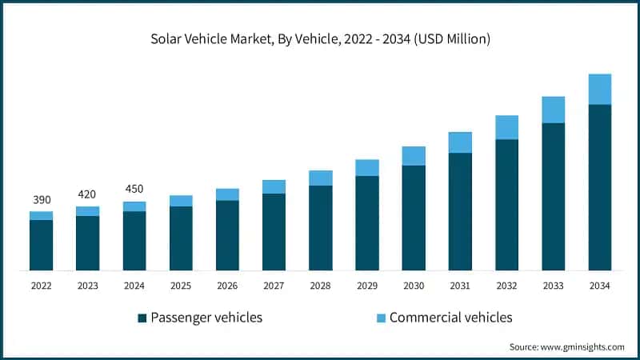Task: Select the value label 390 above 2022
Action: pyautogui.click(x=41, y=198)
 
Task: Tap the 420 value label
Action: pyautogui.click(x=87, y=194)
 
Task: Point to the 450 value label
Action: pyautogui.click(x=134, y=189)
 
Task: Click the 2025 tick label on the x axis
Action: pyautogui.click(x=180, y=286)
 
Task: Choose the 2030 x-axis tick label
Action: pyautogui.click(x=413, y=286)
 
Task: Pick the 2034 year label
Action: pyautogui.click(x=599, y=286)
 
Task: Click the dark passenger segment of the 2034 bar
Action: pyautogui.click(x=599, y=188)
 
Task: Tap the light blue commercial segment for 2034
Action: pyautogui.click(x=599, y=89)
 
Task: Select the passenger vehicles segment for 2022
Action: pyautogui.click(x=41, y=245)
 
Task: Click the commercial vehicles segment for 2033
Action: pyautogui.click(x=553, y=110)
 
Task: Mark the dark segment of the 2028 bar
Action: pyautogui.click(x=320, y=228)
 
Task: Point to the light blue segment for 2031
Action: pyautogui.click(x=459, y=142)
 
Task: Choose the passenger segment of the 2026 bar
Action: pyautogui.click(x=227, y=235)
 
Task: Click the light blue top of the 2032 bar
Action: pyautogui.click(x=506, y=127)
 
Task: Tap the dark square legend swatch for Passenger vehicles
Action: pyautogui.click(x=142, y=318)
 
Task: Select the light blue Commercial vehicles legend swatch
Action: pyautogui.click(x=381, y=318)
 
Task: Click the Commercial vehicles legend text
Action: pyautogui.click(x=450, y=318)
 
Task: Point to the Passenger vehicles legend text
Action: pyautogui.click(x=206, y=318)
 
